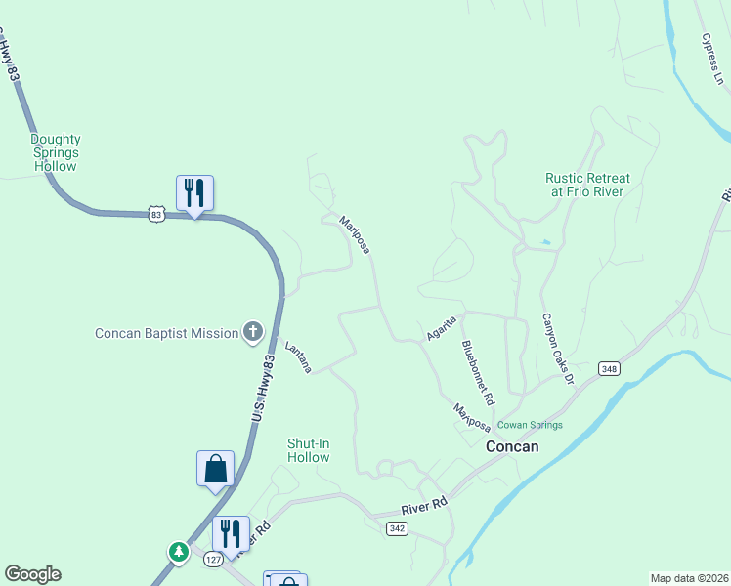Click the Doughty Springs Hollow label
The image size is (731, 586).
click(55, 153)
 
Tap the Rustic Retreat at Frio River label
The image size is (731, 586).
click(587, 185)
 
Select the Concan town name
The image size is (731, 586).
click(512, 446)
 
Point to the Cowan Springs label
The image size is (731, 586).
click(531, 425)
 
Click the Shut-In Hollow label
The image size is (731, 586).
click(309, 450)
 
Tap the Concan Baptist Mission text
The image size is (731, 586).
click(167, 333)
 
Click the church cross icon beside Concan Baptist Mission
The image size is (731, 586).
click(253, 333)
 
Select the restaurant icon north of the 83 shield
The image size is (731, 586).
click(194, 193)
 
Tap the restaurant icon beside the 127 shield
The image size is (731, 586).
click(231, 533)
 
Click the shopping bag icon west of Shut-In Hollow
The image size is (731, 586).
click(215, 469)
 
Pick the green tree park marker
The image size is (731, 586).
click(178, 552)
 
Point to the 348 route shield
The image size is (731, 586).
click(610, 368)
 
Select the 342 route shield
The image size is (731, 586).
click(396, 527)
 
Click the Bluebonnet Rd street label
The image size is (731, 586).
click(479, 373)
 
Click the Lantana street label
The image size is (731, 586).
click(298, 356)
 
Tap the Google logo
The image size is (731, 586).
click(32, 574)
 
